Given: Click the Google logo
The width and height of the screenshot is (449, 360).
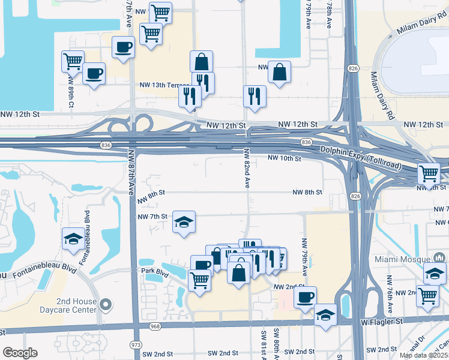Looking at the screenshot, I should pyautogui.click(x=20, y=353).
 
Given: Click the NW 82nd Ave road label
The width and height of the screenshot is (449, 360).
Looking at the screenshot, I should pyautogui.click(x=247, y=169).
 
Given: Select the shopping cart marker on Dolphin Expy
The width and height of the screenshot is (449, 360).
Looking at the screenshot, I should pyautogui.click(x=429, y=174).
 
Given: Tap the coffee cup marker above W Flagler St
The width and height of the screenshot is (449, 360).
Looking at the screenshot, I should pyautogui.click(x=306, y=296).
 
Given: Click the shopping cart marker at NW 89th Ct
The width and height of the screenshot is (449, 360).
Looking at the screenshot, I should pyautogui.click(x=73, y=61).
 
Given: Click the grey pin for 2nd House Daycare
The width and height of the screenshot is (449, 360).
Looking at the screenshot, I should pyautogui.click(x=106, y=305).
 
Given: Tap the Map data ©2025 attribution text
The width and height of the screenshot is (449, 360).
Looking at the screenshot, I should pyautogui.click(x=423, y=355).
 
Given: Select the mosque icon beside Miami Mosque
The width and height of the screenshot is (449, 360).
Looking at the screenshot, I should pyautogui.click(x=440, y=257).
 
